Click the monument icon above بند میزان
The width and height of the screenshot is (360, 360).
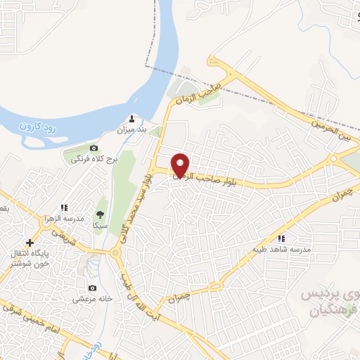click(x=132, y=119)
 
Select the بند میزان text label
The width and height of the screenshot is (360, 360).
click(x=131, y=130)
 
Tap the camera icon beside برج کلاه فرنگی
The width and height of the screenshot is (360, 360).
click(x=94, y=148)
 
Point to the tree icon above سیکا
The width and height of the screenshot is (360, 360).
click(x=100, y=214)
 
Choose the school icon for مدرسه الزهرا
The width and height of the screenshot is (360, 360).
click(x=63, y=207)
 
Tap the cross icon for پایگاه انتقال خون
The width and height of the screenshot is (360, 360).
click(x=30, y=243)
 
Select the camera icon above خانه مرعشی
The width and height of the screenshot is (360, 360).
click(x=92, y=288)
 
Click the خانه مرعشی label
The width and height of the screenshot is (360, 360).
click(x=91, y=299)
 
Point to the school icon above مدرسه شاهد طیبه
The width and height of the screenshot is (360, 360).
click(x=282, y=238)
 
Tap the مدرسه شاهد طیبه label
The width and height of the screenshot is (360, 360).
click(x=281, y=249)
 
